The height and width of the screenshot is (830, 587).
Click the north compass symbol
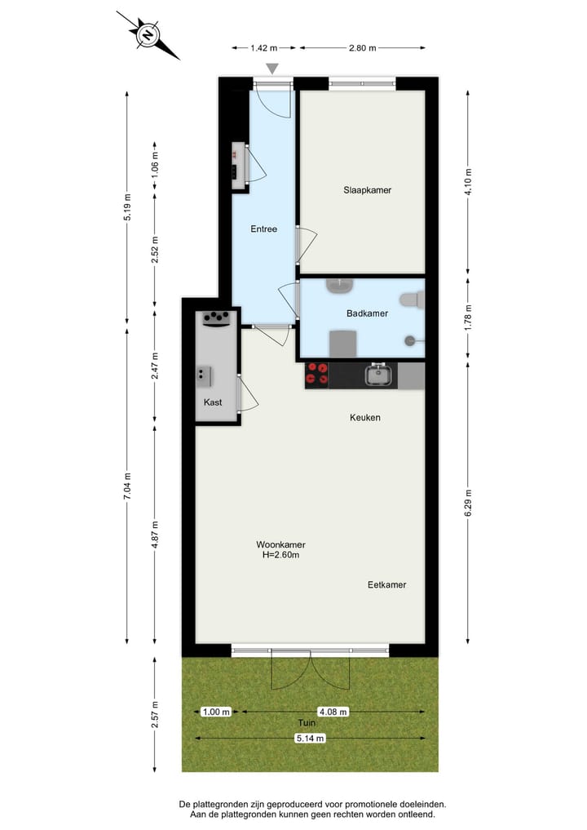[x=148, y=35]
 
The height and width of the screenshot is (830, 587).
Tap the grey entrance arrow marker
[x=272, y=69]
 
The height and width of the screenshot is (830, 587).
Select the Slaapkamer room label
[x=368, y=190]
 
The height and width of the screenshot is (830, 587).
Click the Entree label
[x=263, y=229]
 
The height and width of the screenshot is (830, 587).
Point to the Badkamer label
[x=367, y=313]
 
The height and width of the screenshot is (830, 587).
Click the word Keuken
[x=365, y=418]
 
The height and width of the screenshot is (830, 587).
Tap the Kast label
[x=213, y=402]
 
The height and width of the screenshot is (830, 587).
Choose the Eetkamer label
[x=386, y=585]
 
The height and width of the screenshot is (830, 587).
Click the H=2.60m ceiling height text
[x=280, y=556]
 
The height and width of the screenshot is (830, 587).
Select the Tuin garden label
[x=306, y=723]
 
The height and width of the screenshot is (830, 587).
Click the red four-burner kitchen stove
[x=317, y=375]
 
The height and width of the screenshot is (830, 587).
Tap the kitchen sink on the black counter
[x=379, y=375]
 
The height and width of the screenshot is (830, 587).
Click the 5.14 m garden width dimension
[x=309, y=739]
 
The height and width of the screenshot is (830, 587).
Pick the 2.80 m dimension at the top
[x=362, y=48]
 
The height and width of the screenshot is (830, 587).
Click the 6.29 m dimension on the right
[x=468, y=502]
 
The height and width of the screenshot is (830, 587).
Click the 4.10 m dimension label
[x=468, y=181]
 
